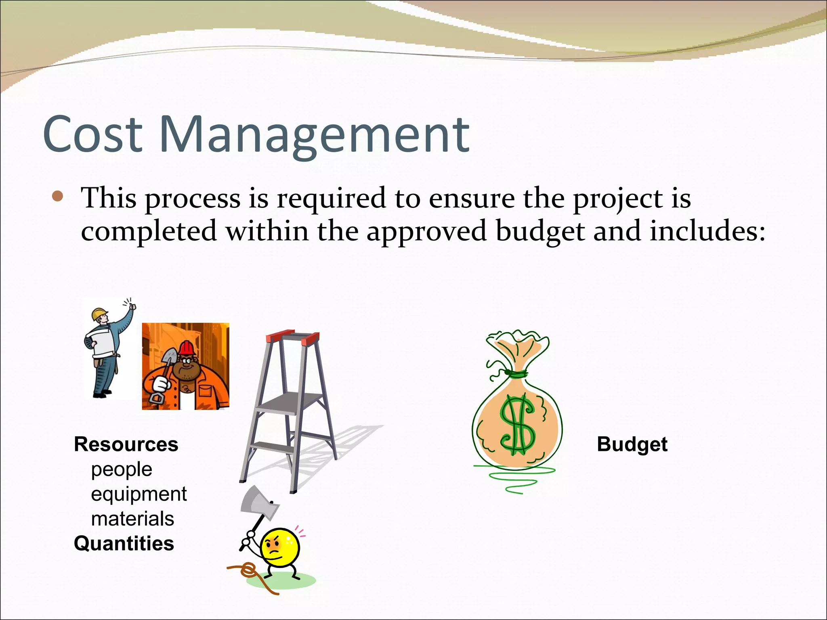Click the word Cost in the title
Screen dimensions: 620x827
(x=92, y=134)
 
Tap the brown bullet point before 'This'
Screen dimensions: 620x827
(x=58, y=197)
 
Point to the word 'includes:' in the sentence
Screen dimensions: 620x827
(x=707, y=231)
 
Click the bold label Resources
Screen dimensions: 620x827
(x=126, y=444)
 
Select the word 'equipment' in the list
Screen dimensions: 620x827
(x=139, y=494)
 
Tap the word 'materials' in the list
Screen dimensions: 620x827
(x=132, y=519)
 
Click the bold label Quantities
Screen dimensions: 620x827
(x=124, y=543)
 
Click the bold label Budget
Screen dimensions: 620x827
(x=632, y=444)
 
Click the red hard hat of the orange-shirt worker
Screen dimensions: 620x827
(x=187, y=348)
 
